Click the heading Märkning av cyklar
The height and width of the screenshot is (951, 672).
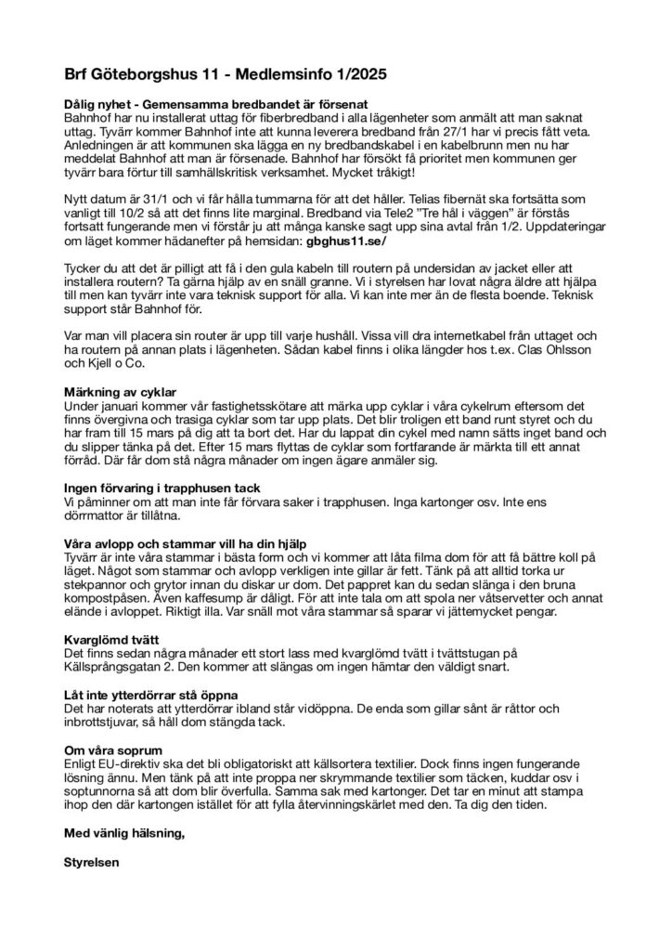coord(119,392)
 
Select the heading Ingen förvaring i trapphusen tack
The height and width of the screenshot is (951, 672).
coord(162,488)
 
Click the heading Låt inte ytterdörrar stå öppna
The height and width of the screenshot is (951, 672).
coord(152,694)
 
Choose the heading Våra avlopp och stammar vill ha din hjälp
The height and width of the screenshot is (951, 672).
coord(185,542)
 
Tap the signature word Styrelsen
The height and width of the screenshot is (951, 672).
coord(92,861)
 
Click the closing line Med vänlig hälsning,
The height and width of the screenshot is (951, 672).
coord(124,834)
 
